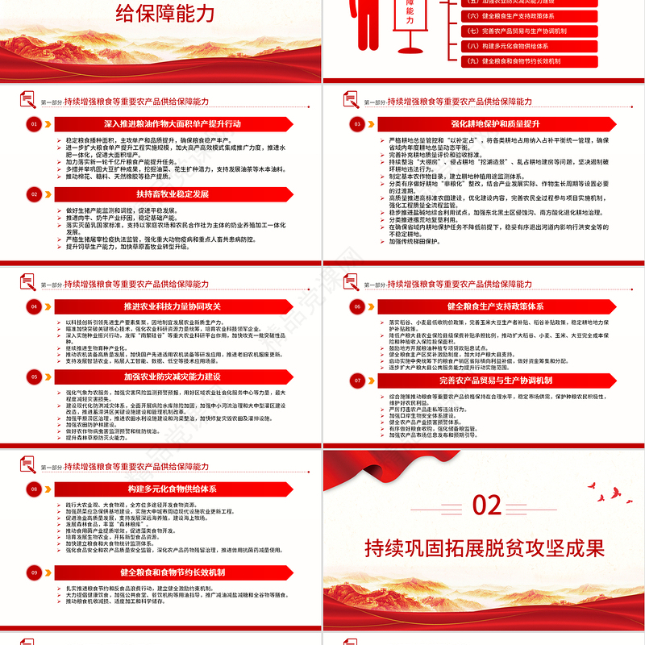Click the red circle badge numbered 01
[33, 124]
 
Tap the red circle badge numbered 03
[356, 124]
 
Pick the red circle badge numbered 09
[33, 572]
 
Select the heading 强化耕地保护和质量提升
[495, 124]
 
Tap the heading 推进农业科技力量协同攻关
[173, 306]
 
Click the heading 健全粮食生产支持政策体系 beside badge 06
[495, 306]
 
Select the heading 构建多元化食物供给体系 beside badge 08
[173, 489]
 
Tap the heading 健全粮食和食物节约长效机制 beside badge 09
[173, 572]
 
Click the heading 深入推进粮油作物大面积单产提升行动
[173, 124]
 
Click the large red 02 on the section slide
[487, 506]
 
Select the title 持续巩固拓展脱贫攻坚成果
[485, 548]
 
